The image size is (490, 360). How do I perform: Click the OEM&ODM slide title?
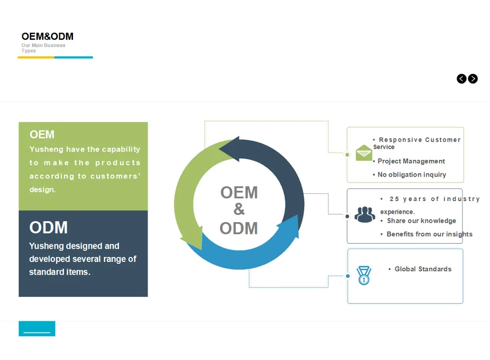pos(48,36)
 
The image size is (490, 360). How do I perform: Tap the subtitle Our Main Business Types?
pos(43,48)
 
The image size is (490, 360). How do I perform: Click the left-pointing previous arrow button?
pos(462,78)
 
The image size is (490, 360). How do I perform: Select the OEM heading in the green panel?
pos(42,134)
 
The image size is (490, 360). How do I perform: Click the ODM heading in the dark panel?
pos(49,228)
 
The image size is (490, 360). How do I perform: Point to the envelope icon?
pos(364,153)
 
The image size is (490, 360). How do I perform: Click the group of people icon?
pos(365,214)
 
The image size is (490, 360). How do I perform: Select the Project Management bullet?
pos(411,161)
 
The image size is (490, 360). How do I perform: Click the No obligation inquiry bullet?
pos(412,174)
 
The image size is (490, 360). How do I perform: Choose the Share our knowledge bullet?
pos(421,221)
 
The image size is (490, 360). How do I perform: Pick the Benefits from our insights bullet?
pos(429,234)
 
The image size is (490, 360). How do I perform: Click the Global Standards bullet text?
pos(423,269)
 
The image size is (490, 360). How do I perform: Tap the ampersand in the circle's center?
pos(239,209)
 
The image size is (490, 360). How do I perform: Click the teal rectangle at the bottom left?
pos(37,329)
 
